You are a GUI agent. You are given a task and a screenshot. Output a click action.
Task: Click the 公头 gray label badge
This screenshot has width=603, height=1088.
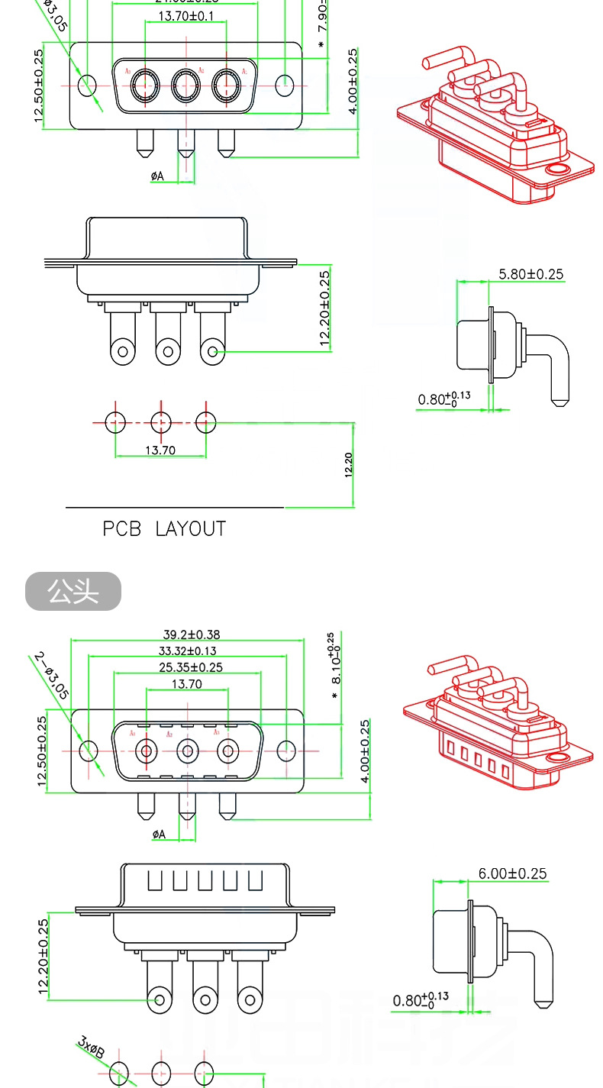pyautogui.click(x=73, y=592)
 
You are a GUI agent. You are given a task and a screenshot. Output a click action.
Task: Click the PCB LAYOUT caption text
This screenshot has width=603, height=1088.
pyautogui.click(x=164, y=528)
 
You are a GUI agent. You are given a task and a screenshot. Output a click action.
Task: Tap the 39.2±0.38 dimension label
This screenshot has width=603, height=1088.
pyautogui.click(x=191, y=634)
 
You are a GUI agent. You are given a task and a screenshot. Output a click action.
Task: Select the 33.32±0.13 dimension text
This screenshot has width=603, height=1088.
pyautogui.click(x=187, y=651)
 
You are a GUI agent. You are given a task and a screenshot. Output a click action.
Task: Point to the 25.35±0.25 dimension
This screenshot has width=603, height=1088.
pyautogui.click(x=191, y=667)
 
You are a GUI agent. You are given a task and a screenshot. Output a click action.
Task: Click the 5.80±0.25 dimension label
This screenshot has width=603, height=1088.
pyautogui.click(x=530, y=274)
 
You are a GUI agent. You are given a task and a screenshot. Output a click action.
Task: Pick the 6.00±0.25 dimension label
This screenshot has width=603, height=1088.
pyautogui.click(x=512, y=873)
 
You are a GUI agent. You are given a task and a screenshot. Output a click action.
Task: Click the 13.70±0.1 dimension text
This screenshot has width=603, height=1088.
pyautogui.click(x=185, y=16)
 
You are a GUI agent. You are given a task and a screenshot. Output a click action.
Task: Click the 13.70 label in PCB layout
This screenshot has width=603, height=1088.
pyautogui.click(x=160, y=450)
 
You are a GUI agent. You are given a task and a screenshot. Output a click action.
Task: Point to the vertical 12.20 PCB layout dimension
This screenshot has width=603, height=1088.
pyautogui.click(x=349, y=464)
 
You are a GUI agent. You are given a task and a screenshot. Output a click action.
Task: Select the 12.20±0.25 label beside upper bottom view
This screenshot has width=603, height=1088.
pyautogui.click(x=326, y=308)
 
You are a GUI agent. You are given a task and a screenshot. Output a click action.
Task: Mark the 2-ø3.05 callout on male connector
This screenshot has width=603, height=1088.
pyautogui.click(x=52, y=676)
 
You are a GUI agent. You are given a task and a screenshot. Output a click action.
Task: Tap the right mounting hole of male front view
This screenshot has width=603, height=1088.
pyautogui.click(x=286, y=751)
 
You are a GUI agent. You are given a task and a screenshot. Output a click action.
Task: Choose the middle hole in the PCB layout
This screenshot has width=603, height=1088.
pyautogui.click(x=160, y=421)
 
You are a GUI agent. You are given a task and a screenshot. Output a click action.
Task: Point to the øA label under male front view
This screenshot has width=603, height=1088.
pyautogui.click(x=158, y=835)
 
